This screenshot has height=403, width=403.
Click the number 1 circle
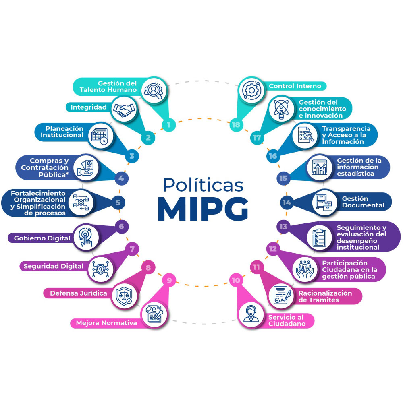(x=168, y=125)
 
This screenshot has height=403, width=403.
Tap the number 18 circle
(x=236, y=125)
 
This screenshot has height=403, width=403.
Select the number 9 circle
(x=169, y=280)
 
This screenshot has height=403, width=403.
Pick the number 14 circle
(x=287, y=203)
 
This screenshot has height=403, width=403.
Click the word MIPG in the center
(x=202, y=207)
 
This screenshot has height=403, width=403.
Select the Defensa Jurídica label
(x=79, y=293)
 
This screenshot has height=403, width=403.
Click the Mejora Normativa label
(x=104, y=323)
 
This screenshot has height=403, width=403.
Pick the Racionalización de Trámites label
(x=325, y=296)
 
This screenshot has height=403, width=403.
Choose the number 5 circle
(x=118, y=203)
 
